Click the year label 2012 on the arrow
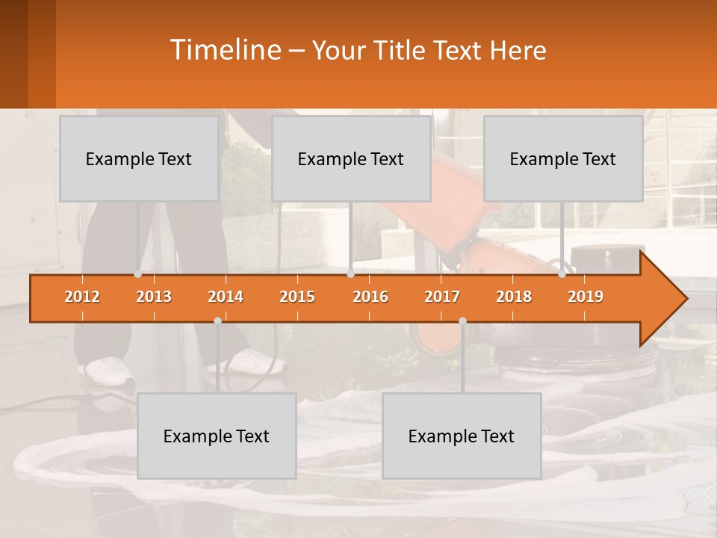click(82, 297)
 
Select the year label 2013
click(154, 297)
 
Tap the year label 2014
click(226, 297)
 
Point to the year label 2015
click(297, 297)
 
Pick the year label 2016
click(370, 297)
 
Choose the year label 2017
click(442, 297)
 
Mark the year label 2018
click(514, 297)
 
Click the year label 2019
click(586, 297)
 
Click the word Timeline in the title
click(224, 50)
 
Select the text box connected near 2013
click(139, 159)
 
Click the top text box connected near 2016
click(351, 159)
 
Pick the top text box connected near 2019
click(563, 159)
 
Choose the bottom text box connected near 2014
click(217, 436)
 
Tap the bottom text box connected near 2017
click(462, 436)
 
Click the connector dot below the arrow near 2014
click(217, 321)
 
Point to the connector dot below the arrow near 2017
click(462, 321)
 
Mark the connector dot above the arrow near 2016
click(350, 274)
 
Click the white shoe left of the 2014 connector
click(107, 368)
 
